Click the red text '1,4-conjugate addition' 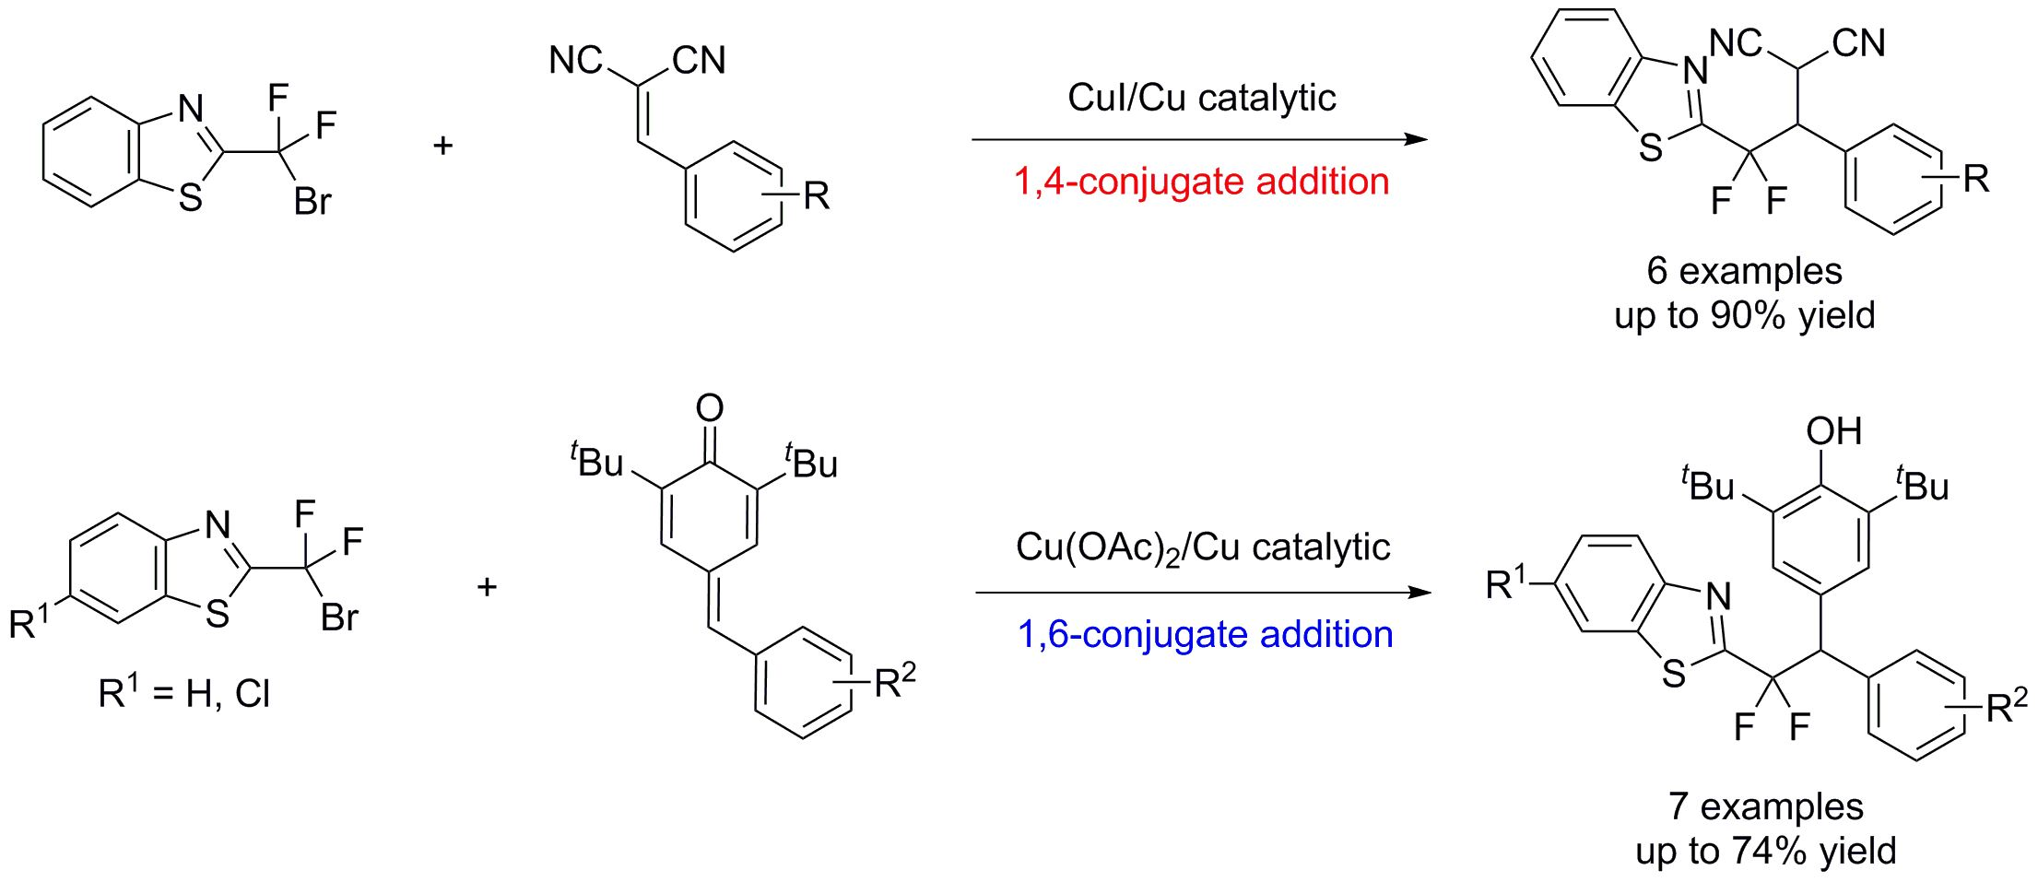point(1201,182)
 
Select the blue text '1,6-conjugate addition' point(1205,634)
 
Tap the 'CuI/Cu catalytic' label point(1201,98)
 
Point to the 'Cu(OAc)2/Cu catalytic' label point(1202,548)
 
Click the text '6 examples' point(1744,271)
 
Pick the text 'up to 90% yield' point(1744,315)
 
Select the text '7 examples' point(1765,806)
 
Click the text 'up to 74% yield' point(1765,851)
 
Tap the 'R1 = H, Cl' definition point(183,693)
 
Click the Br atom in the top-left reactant point(312,202)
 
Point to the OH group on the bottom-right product point(1833,431)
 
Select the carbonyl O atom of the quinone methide point(709,407)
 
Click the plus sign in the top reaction point(443,146)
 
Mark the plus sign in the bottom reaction point(487,586)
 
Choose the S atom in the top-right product point(1651,147)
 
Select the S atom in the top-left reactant point(190,197)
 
